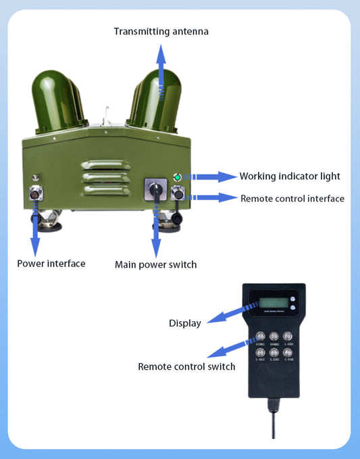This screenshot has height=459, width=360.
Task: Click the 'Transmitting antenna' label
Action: [161, 31]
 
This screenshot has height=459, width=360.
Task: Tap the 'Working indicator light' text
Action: [290, 176]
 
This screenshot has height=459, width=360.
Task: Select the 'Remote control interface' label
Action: [292, 199]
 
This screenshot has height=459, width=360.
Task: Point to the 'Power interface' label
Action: [51, 263]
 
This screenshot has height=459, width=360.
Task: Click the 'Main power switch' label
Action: [155, 264]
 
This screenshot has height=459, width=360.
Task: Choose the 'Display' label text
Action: [184, 323]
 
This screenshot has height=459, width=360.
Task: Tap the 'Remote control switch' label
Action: [186, 366]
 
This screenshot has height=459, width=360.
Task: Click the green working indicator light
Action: [178, 177]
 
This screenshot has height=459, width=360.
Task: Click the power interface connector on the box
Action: [35, 195]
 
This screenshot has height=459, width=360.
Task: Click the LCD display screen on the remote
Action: [268, 303]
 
